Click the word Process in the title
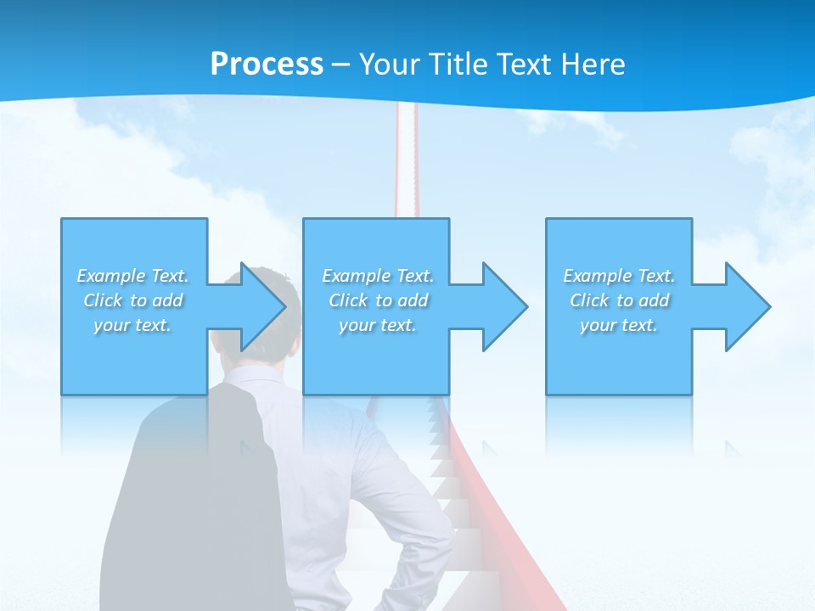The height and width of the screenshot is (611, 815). click(x=267, y=64)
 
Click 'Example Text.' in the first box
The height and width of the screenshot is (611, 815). click(x=132, y=276)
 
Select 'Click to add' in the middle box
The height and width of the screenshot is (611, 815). click(x=378, y=300)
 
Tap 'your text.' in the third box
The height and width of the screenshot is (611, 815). click(x=618, y=325)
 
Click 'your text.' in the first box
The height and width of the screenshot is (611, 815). click(x=132, y=325)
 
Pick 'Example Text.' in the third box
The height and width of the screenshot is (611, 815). click(x=618, y=276)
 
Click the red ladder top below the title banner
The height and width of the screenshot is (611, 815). click(x=406, y=153)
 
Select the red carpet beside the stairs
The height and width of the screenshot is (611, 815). click(x=488, y=526)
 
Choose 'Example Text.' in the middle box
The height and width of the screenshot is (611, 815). click(x=378, y=276)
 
